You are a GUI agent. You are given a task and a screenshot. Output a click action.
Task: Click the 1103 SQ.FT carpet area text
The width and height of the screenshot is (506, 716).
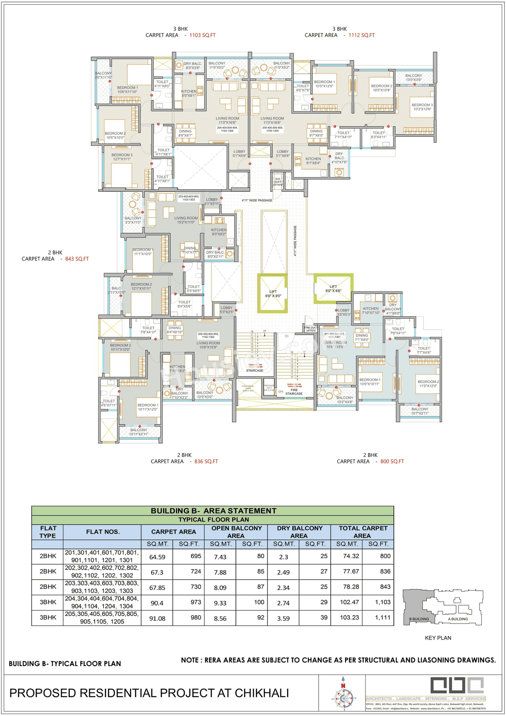click(x=202, y=35)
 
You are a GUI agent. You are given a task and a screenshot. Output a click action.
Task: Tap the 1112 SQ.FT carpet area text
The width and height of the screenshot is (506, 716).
click(x=361, y=35)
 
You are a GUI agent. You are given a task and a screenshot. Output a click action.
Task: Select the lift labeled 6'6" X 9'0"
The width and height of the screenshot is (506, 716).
click(x=273, y=293)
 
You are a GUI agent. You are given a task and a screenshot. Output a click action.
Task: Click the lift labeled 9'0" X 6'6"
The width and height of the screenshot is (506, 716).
click(x=333, y=289)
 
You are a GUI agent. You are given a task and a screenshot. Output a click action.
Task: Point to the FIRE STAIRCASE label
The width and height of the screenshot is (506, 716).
click(x=294, y=391)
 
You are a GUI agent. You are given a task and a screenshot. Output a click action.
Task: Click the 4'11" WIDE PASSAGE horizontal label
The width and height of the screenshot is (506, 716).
click(x=257, y=200)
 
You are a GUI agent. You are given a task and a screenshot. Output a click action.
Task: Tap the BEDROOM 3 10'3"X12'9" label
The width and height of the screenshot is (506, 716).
click(x=422, y=107)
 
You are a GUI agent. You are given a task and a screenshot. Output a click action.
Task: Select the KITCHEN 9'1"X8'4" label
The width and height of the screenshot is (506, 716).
click(x=313, y=161)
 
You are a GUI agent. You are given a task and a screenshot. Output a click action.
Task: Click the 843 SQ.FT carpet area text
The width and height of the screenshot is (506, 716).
click(x=77, y=259)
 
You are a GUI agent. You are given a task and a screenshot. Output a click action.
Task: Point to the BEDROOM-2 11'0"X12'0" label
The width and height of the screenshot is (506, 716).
click(x=428, y=384)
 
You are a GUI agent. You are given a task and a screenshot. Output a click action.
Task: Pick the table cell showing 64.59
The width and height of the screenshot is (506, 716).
click(x=157, y=557)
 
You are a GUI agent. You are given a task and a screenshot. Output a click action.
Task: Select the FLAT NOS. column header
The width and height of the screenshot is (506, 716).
click(x=103, y=532)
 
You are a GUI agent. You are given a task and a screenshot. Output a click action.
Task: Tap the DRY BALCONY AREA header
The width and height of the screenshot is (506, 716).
click(x=299, y=532)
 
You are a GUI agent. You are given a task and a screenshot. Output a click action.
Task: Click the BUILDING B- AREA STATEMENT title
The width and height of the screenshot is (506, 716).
click(x=213, y=510)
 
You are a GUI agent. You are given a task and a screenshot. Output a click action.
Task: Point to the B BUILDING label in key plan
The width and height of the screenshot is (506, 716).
click(x=419, y=619)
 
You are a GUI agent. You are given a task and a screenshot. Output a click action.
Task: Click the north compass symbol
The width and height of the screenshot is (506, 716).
click(x=343, y=697)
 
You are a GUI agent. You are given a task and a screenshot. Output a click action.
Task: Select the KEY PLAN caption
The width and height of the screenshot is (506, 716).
click(x=438, y=638)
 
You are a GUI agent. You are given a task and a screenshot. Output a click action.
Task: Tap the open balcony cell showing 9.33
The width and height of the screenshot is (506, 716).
click(x=220, y=603)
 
